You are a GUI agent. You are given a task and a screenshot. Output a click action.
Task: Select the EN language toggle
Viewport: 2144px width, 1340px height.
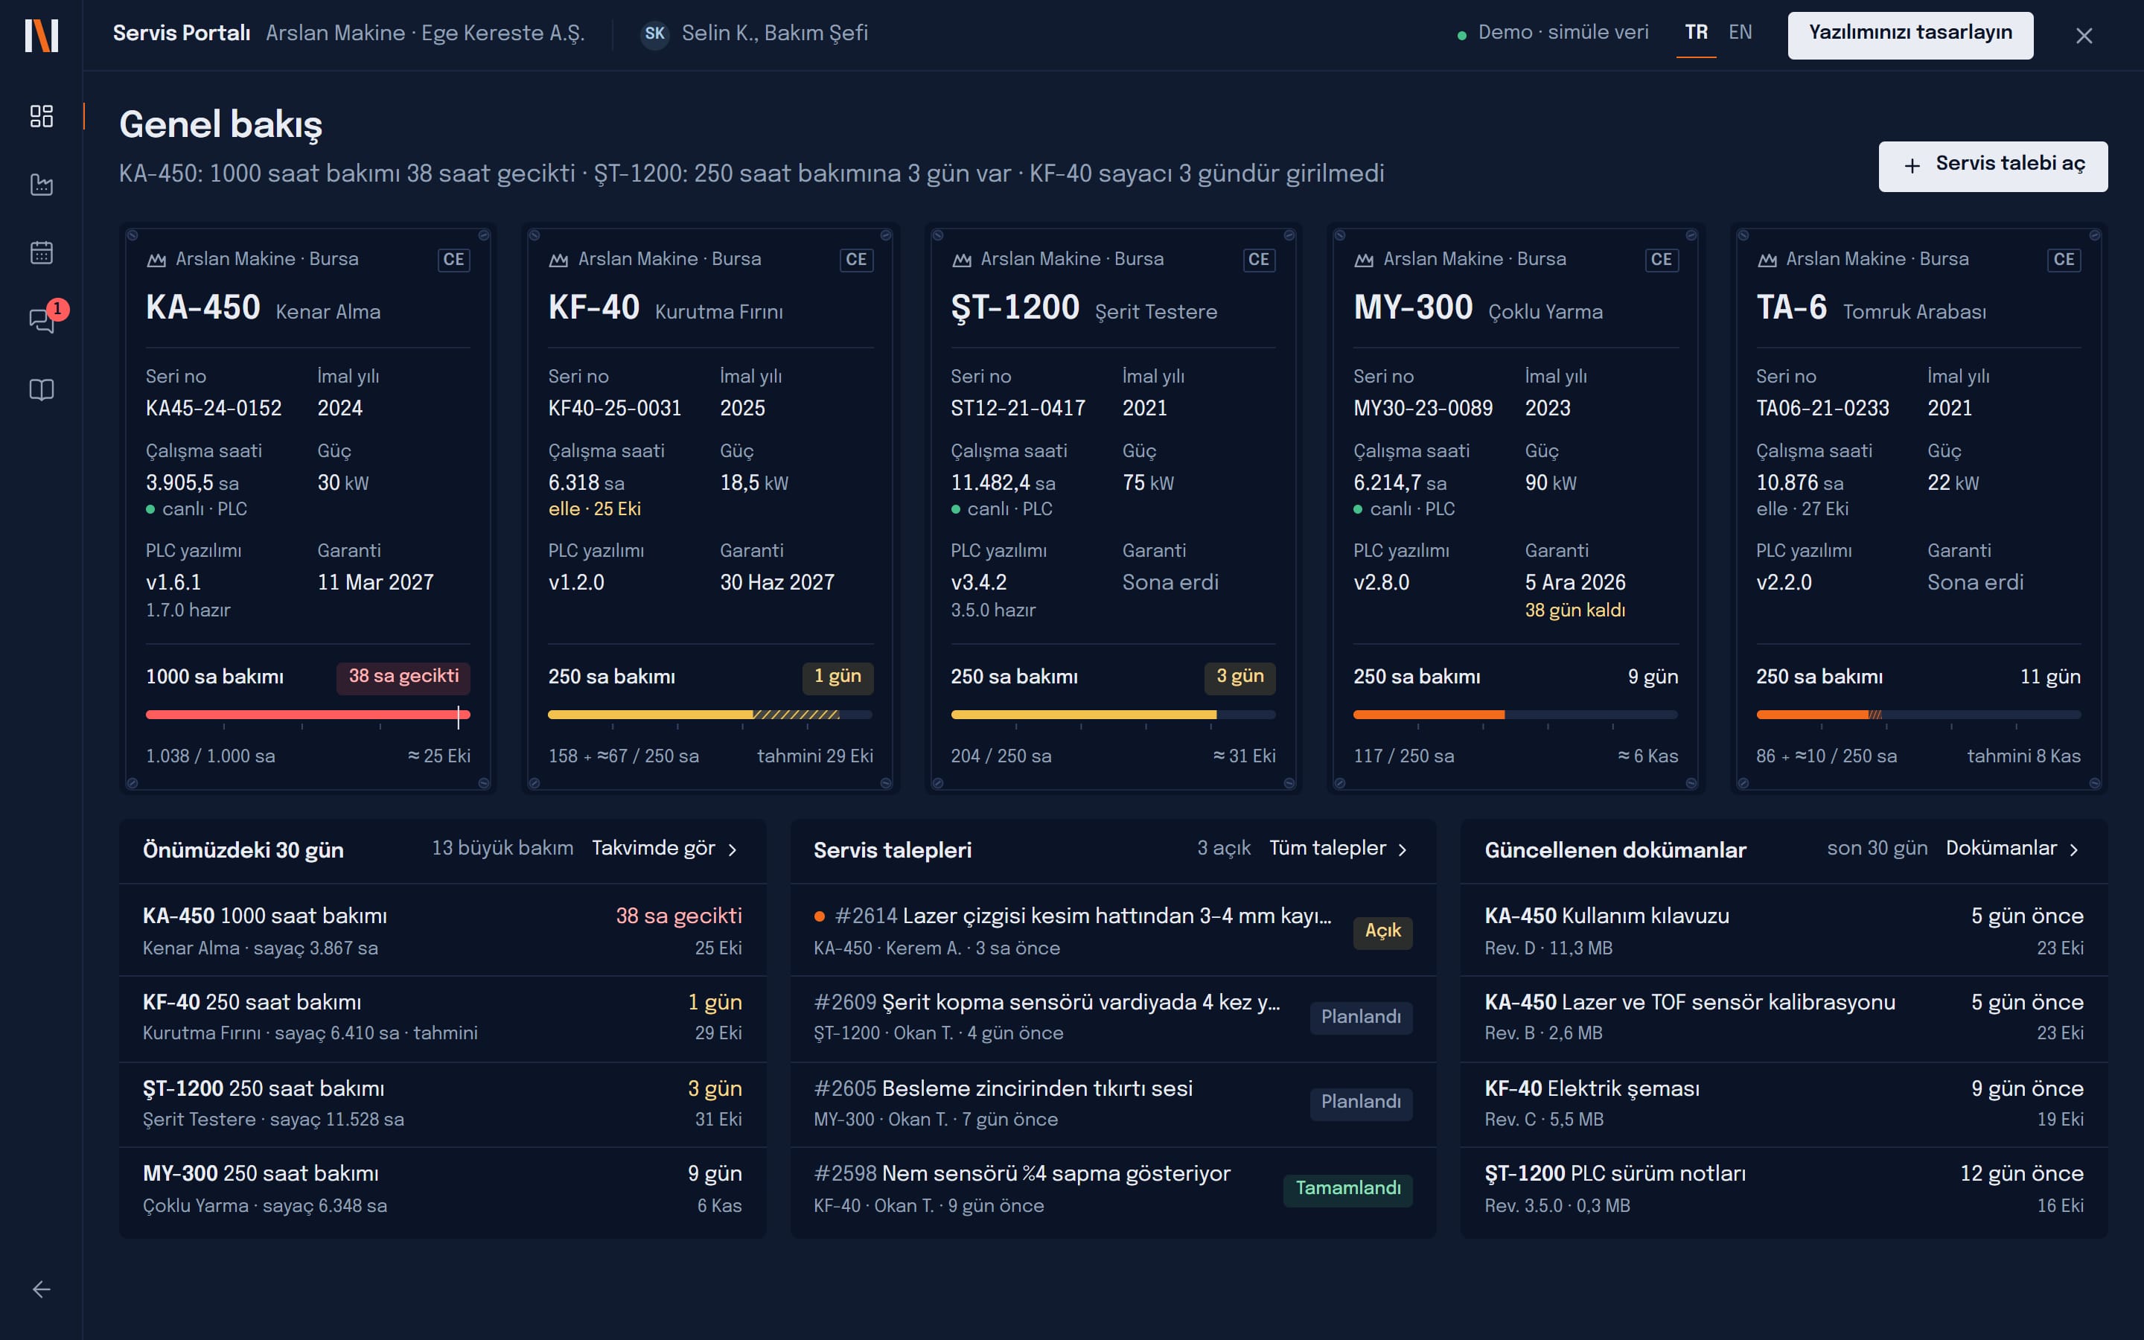pos(1740,33)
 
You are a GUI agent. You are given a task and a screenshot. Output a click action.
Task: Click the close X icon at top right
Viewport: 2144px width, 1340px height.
pos(2084,36)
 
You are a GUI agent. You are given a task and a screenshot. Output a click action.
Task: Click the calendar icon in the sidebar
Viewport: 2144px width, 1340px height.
pos(42,252)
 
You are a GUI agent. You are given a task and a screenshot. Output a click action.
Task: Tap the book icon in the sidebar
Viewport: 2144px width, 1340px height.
pos(42,390)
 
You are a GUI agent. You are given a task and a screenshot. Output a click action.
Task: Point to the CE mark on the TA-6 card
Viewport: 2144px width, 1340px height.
pos(2064,260)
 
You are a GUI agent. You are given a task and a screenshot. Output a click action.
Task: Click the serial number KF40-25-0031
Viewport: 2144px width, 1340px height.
pos(615,408)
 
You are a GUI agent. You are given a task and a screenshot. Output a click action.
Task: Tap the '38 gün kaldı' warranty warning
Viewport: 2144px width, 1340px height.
pos(1575,610)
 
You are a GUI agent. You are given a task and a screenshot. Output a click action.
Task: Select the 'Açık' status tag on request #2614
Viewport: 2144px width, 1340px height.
pos(1382,931)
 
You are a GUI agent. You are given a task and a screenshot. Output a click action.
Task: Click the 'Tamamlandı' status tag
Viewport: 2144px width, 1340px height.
pos(1347,1188)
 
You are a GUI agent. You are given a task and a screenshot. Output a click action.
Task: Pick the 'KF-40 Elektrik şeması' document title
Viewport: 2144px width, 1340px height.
pos(1592,1088)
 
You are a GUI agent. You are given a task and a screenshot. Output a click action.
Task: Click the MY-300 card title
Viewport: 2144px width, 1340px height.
pos(1413,308)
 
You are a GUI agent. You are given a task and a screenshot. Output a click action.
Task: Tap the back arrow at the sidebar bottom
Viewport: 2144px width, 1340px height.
pos(42,1289)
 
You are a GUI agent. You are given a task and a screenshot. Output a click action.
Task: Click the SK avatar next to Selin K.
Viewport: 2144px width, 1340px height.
pos(654,33)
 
